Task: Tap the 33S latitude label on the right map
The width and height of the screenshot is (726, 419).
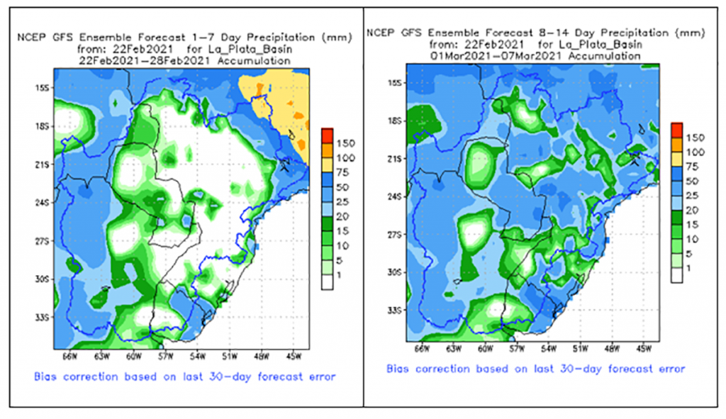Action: coord(396,311)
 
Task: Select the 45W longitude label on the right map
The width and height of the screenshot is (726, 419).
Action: coord(644,349)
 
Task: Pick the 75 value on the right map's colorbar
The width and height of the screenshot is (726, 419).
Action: coord(696,167)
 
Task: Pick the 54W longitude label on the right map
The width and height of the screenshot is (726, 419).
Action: coord(548,349)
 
